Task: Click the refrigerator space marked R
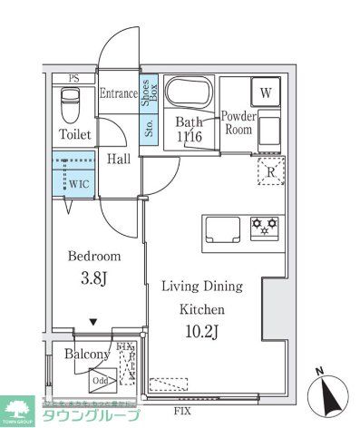click(270, 170)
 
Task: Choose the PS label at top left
click(60, 78)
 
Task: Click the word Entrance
click(117, 92)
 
